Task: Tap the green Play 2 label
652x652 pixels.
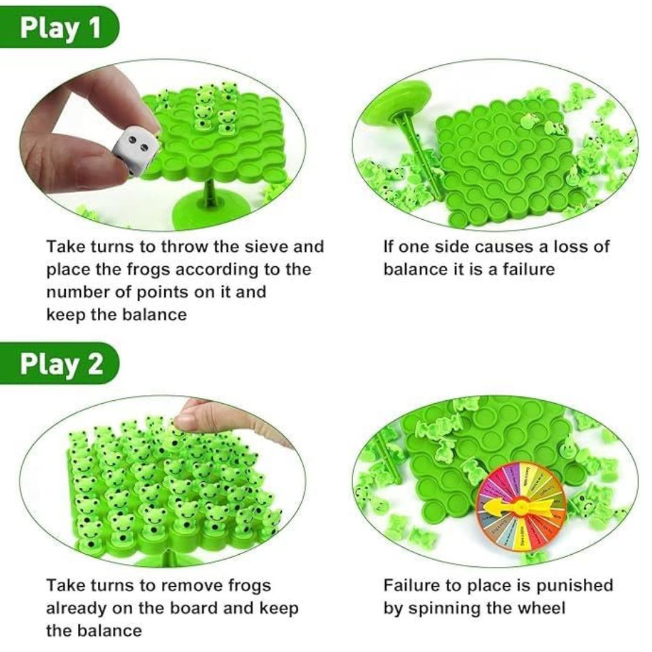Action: pyautogui.click(x=60, y=364)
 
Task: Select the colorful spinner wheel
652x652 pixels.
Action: pyautogui.click(x=520, y=508)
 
